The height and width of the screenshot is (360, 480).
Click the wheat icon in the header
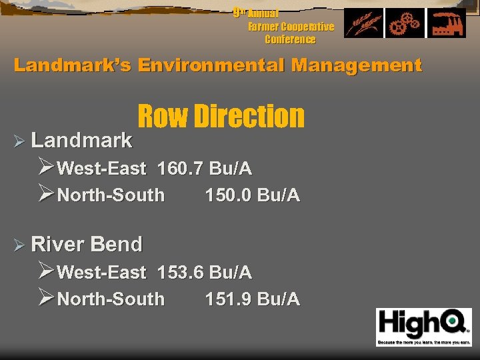pos(363,23)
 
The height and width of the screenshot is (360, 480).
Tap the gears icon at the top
pos(405,23)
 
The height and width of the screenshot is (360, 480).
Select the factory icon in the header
pos(445,23)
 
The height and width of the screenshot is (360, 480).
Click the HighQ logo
pos(423,327)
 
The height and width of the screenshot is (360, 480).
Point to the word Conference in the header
pos(290,39)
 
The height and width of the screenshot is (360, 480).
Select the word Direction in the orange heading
pos(249,117)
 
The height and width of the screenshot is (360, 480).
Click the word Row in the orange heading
pos(163,117)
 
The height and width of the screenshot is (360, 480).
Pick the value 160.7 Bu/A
pos(205,169)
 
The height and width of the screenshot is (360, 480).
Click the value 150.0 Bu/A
pos(253,195)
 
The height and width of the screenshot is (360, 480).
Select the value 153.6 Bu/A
pos(205,272)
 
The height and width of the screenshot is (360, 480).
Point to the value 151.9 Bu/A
pos(253,299)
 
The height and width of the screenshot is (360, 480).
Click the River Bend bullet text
pos(87,245)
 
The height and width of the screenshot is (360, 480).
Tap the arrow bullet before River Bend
pos(19,245)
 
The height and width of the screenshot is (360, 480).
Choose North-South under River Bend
pos(111,299)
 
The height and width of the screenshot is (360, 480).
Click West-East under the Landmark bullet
pos(101,169)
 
